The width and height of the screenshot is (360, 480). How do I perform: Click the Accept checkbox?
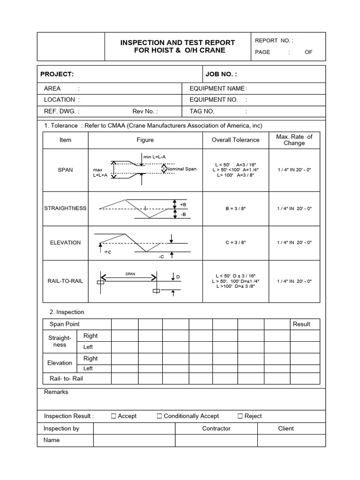[x=113, y=416]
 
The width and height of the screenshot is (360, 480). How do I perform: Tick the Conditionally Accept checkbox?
[x=159, y=416]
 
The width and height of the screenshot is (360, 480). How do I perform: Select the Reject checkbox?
[x=240, y=416]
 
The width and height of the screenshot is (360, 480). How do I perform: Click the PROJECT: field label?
[x=57, y=74]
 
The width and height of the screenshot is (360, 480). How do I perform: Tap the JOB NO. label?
[x=221, y=74]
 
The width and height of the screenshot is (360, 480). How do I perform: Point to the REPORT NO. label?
[x=274, y=41]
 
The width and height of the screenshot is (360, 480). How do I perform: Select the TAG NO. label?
[x=202, y=111]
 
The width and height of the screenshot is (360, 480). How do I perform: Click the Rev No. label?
[x=145, y=111]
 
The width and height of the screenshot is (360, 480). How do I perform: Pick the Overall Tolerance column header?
[x=235, y=140]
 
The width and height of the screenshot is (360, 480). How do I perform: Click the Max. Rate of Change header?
[x=294, y=140]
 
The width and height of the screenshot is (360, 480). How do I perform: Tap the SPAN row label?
[x=65, y=170]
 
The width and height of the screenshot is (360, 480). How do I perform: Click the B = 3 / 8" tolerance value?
[x=235, y=208]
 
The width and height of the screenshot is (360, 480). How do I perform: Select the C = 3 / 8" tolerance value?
[x=235, y=242]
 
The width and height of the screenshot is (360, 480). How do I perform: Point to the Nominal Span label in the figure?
[x=181, y=169]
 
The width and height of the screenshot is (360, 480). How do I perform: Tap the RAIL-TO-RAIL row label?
[x=65, y=281]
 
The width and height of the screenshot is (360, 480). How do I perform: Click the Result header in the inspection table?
[x=301, y=324]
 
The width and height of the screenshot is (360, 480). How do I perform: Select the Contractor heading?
[x=216, y=428]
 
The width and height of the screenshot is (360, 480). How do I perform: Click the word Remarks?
[x=56, y=392]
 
